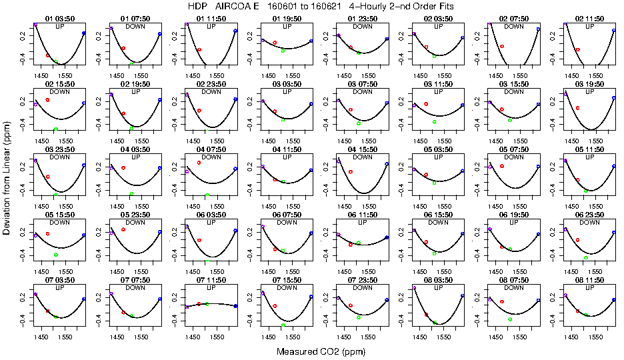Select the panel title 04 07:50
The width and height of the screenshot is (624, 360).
point(211,150)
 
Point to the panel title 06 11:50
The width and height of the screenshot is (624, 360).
point(363,215)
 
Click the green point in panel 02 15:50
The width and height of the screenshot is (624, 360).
point(56,129)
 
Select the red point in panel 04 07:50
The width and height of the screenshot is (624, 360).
point(199,163)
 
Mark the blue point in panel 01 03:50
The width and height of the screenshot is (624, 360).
point(84,33)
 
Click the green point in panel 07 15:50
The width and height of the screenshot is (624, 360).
point(283,325)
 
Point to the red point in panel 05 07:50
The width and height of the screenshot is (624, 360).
point(502,165)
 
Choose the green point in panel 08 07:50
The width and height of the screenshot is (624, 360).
point(510,319)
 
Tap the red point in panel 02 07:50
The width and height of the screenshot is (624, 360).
point(501,46)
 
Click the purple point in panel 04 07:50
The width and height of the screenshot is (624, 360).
point(187,171)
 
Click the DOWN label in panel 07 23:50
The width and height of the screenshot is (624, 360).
point(363,287)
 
